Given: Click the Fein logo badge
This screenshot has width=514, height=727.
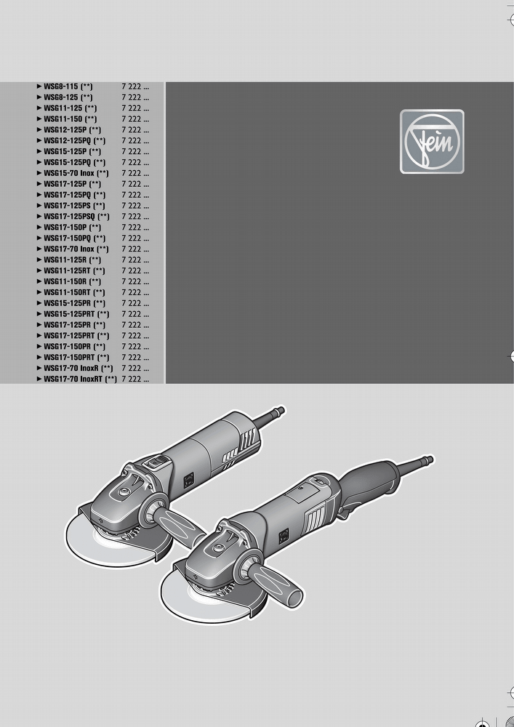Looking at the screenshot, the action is [432, 142].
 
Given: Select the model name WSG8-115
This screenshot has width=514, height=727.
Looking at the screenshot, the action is [62, 87].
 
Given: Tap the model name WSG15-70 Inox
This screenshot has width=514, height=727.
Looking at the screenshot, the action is [69, 174].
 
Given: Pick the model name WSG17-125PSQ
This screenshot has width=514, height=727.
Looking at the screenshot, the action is [70, 217].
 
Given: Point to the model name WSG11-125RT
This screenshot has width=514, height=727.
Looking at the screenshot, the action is [67, 270].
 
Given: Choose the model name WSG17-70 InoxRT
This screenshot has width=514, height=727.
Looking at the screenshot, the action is [73, 379].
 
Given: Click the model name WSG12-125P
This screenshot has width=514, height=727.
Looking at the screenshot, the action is [65, 130].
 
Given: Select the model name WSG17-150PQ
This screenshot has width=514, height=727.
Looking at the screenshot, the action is [68, 238].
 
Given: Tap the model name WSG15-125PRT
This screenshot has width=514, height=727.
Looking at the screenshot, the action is [70, 314].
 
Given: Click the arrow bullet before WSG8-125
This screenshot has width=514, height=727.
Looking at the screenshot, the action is [39, 97].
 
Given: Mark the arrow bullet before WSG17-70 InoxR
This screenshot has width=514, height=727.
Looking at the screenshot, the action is [39, 368].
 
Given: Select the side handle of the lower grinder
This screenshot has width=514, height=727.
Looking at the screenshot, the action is [274, 582].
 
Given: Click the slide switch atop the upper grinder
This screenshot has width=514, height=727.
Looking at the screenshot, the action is [156, 462].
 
